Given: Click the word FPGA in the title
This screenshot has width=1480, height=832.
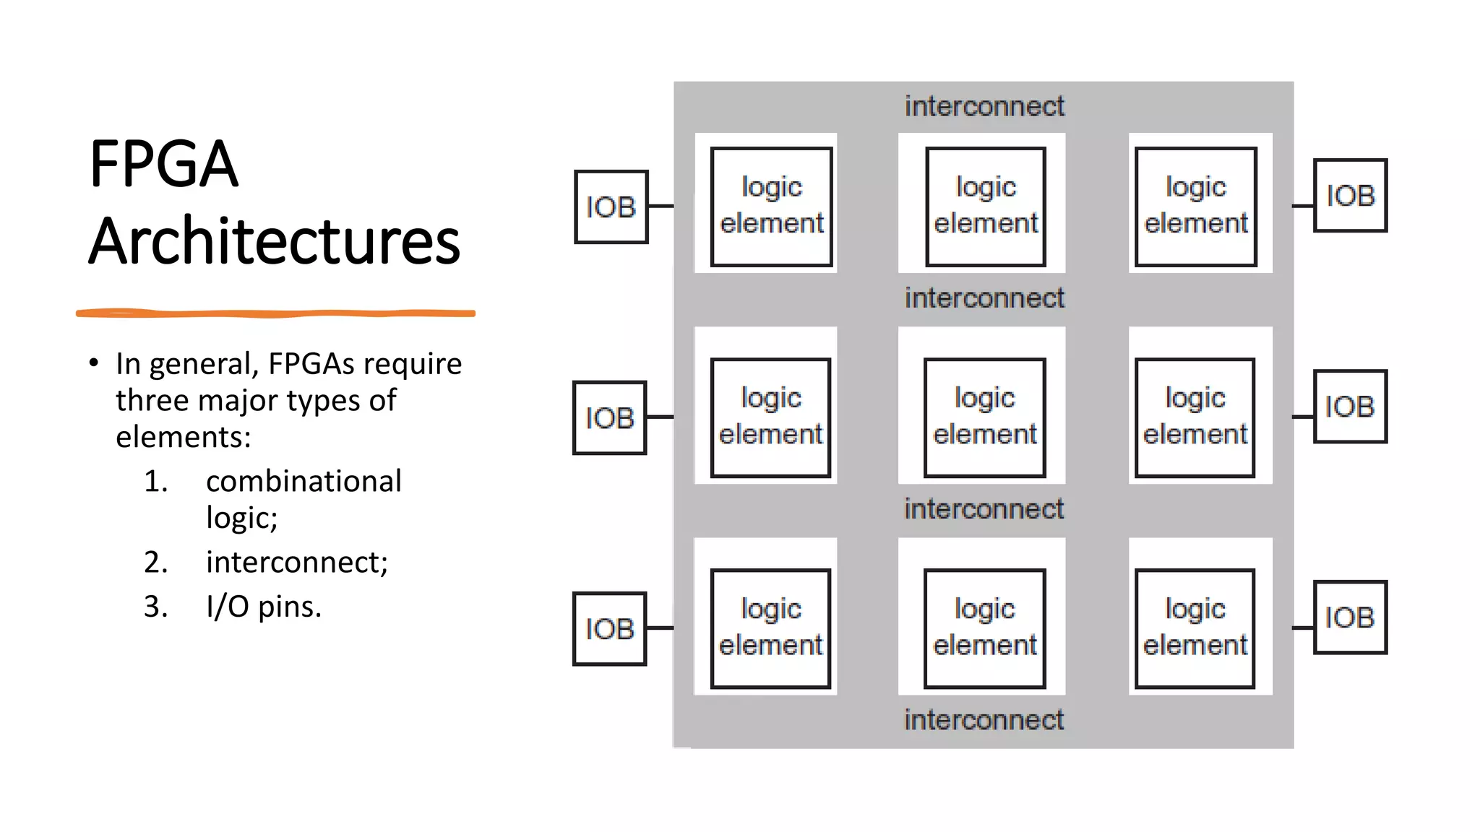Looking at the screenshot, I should (163, 165).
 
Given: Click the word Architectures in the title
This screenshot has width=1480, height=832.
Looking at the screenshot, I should (274, 241).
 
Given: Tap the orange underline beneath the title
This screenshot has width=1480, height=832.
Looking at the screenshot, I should (275, 313).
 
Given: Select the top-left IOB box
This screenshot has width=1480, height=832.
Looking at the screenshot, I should (611, 207).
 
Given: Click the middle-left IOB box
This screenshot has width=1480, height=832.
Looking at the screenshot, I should (609, 418).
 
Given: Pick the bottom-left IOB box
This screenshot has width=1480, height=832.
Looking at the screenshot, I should (609, 629).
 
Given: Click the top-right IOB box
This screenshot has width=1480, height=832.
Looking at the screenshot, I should (1350, 196).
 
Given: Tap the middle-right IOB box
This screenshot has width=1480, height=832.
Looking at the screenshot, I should (1349, 407).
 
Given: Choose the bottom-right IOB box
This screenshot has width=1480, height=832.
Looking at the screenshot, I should (1349, 617).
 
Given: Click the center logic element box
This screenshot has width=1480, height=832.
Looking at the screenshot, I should (984, 417).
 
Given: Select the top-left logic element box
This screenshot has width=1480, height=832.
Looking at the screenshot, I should (771, 207).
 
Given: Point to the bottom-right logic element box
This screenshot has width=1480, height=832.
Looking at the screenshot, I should (1195, 628).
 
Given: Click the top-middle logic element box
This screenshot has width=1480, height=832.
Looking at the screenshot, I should (985, 207).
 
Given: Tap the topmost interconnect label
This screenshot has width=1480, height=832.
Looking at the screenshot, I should (984, 107).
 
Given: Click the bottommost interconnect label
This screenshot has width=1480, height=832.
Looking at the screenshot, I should (984, 720).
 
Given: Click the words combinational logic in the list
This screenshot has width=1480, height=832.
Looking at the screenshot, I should (303, 498).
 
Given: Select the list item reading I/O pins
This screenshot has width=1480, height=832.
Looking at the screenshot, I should (263, 607).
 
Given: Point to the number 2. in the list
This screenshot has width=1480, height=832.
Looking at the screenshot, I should (156, 563).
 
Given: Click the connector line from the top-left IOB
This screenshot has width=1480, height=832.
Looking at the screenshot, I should (661, 207).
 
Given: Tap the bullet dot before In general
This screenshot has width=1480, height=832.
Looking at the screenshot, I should (94, 363).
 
